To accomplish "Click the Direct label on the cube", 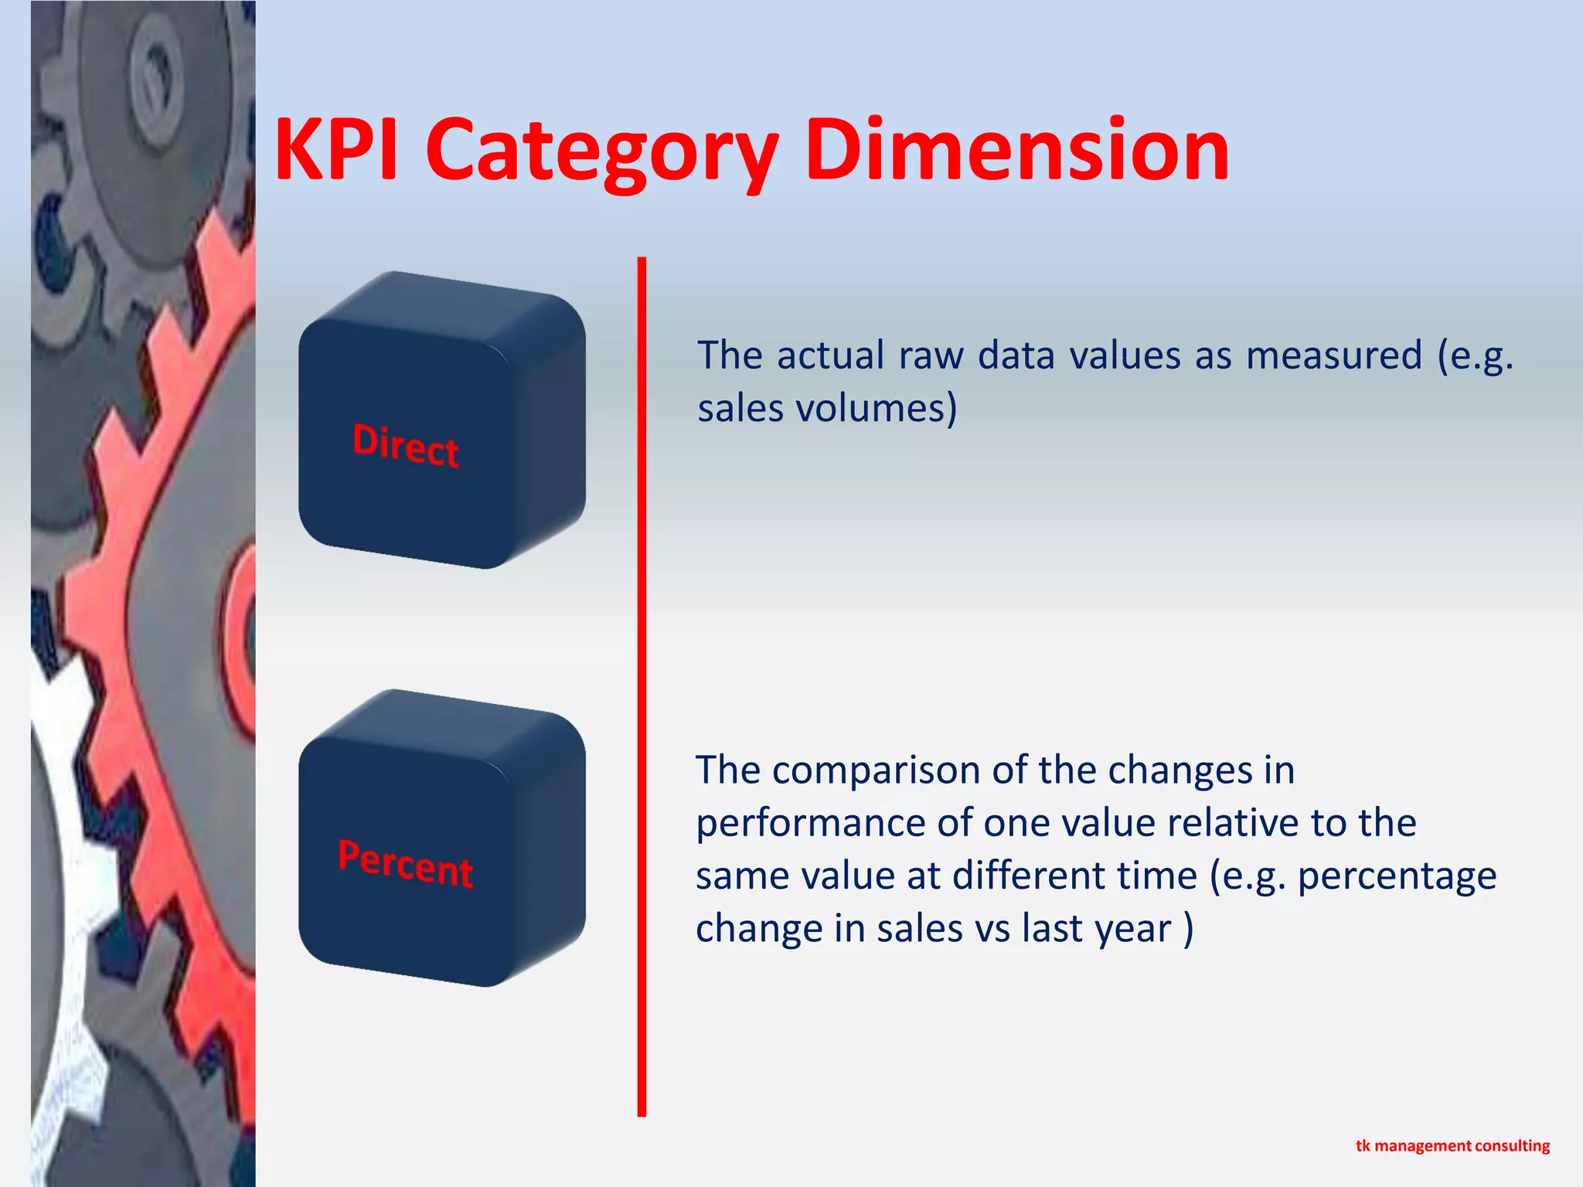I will coord(406,445).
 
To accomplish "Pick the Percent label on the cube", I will coord(406,863).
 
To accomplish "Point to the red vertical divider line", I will coord(642,688).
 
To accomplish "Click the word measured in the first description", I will coord(1334,355).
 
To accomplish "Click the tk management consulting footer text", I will coord(1452,1145).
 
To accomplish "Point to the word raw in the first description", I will coord(931,355).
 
